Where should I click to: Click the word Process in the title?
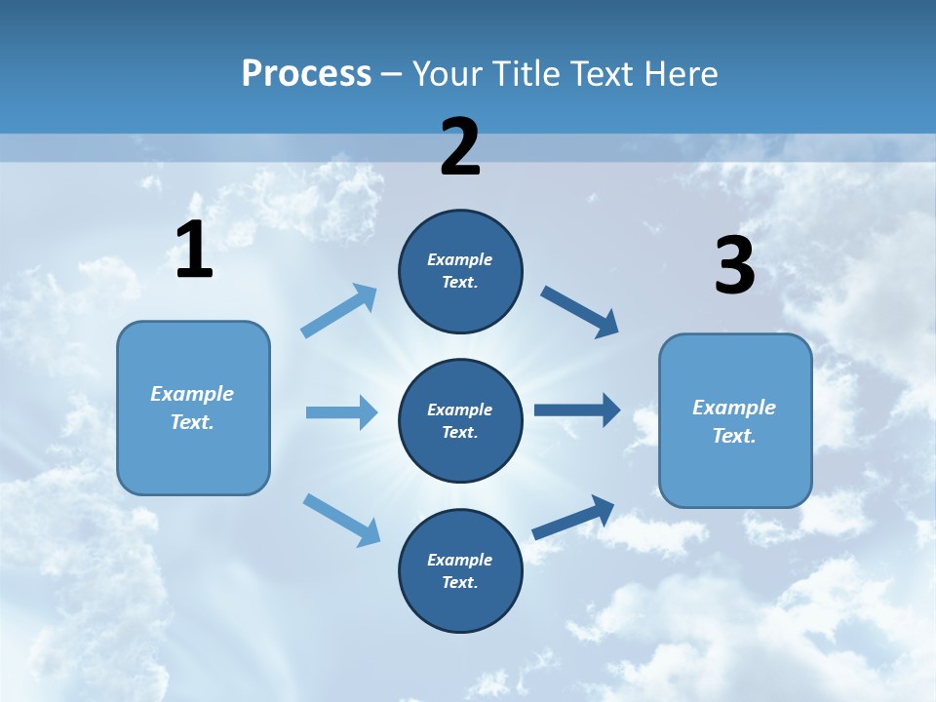coord(306,74)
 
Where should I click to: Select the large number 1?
coord(194,251)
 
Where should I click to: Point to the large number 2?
coord(460,147)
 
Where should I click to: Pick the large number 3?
coord(734,265)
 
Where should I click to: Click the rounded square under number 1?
coord(193,408)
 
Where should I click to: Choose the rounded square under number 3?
coord(735,421)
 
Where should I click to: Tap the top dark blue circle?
coord(460,271)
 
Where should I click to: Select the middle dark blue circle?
coord(460,421)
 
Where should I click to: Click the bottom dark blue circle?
coord(460,571)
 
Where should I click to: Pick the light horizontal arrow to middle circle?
coord(341,412)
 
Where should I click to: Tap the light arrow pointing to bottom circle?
coord(341,520)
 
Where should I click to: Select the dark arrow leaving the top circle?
coord(580,312)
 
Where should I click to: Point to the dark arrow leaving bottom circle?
coord(573,517)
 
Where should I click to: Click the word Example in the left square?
coord(192,394)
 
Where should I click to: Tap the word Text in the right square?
coord(733,436)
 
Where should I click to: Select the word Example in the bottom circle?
coord(459,560)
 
